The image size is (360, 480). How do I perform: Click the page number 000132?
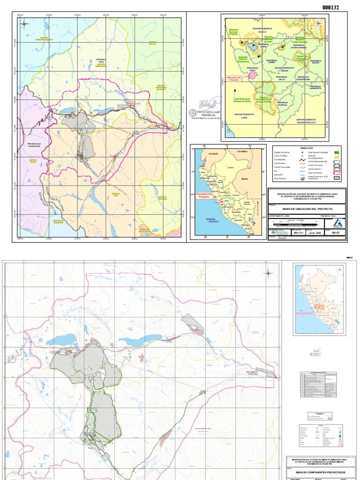pos(330,7)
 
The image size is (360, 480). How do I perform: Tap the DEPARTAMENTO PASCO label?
pos(262,30)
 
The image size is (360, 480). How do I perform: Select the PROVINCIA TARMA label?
pos(272,60)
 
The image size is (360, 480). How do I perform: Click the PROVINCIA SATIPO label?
pos(315,60)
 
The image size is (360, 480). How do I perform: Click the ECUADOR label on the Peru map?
pos(214,152)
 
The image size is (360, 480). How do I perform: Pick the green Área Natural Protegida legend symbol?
pos(336,152)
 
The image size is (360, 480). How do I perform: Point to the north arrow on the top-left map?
pos(24,23)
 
